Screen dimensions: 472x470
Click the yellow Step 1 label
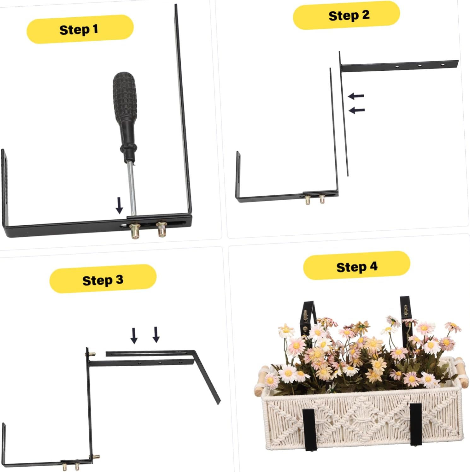point(80,29)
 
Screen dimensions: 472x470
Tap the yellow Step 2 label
point(346,15)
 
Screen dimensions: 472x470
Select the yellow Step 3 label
point(103,279)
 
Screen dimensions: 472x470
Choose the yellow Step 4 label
point(356,266)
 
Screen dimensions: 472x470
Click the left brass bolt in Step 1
point(136,231)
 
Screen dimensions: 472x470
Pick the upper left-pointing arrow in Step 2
point(356,96)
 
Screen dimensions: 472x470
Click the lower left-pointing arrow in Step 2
point(357,110)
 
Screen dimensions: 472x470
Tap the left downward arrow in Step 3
point(134,335)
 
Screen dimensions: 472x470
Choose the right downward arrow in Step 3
point(156,334)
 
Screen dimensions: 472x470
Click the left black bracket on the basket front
point(309,429)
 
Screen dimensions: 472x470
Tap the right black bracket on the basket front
point(416,424)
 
